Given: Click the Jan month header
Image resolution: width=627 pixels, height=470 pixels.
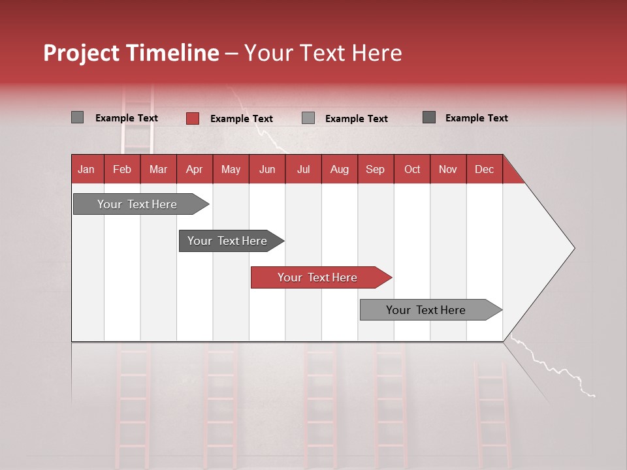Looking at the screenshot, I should (87, 169).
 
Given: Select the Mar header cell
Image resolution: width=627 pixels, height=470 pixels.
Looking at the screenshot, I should (158, 169).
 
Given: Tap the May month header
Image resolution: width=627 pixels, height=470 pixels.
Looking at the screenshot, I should (231, 169).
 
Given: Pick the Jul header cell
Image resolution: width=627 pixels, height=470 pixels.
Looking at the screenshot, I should (303, 169).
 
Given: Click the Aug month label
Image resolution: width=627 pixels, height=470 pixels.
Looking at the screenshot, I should (339, 169).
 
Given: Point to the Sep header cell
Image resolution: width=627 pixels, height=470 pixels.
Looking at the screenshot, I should (375, 169).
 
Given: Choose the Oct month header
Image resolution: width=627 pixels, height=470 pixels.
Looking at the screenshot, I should (411, 169).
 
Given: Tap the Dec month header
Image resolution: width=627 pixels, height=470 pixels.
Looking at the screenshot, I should (484, 169).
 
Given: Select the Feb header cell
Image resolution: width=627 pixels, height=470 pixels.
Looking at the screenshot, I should (122, 169).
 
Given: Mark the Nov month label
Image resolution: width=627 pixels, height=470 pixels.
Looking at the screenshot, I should (447, 169).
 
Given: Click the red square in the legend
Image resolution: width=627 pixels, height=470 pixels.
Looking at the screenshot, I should (192, 118).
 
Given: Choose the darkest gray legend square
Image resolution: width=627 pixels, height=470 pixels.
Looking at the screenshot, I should (429, 117).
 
